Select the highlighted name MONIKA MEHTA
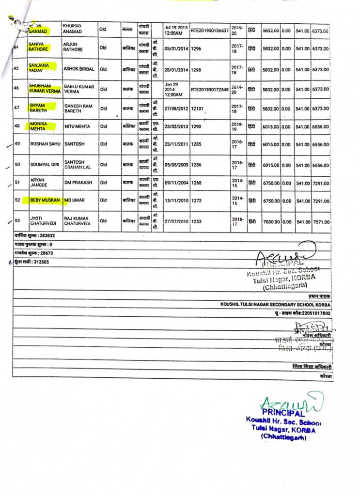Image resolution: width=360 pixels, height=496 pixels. pos(40,126)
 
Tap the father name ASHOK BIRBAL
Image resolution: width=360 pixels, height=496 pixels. pos(79,69)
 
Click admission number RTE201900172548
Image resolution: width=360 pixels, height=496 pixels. pos(210,90)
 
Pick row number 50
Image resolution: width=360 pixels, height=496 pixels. pos(17,165)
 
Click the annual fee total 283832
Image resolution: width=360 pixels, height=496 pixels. pos(51,236)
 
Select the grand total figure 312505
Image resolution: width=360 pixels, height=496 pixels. pos(39,262)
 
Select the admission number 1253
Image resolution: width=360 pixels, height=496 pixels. pos(197,221)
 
